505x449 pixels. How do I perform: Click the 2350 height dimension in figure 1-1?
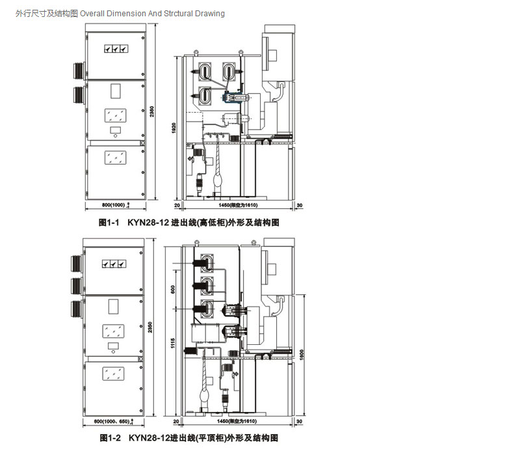[151, 111]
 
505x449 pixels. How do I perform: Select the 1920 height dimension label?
[174, 130]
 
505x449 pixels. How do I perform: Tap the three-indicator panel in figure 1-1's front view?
[113, 48]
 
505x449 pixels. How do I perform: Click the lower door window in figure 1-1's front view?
[115, 156]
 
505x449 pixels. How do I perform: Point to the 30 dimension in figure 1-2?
[300, 422]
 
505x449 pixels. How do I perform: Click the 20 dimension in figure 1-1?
[177, 206]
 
